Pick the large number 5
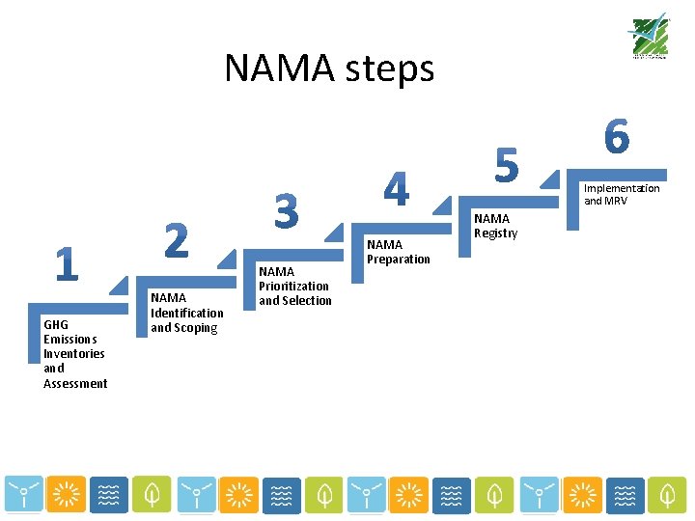click(507, 163)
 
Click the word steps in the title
click(385, 69)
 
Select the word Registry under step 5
click(495, 233)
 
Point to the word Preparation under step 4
click(398, 260)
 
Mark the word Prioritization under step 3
click(293, 287)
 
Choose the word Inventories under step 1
click(74, 354)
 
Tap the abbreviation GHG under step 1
click(56, 324)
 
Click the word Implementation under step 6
click(622, 188)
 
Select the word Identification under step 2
click(187, 314)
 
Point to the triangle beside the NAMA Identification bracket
click(226, 259)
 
